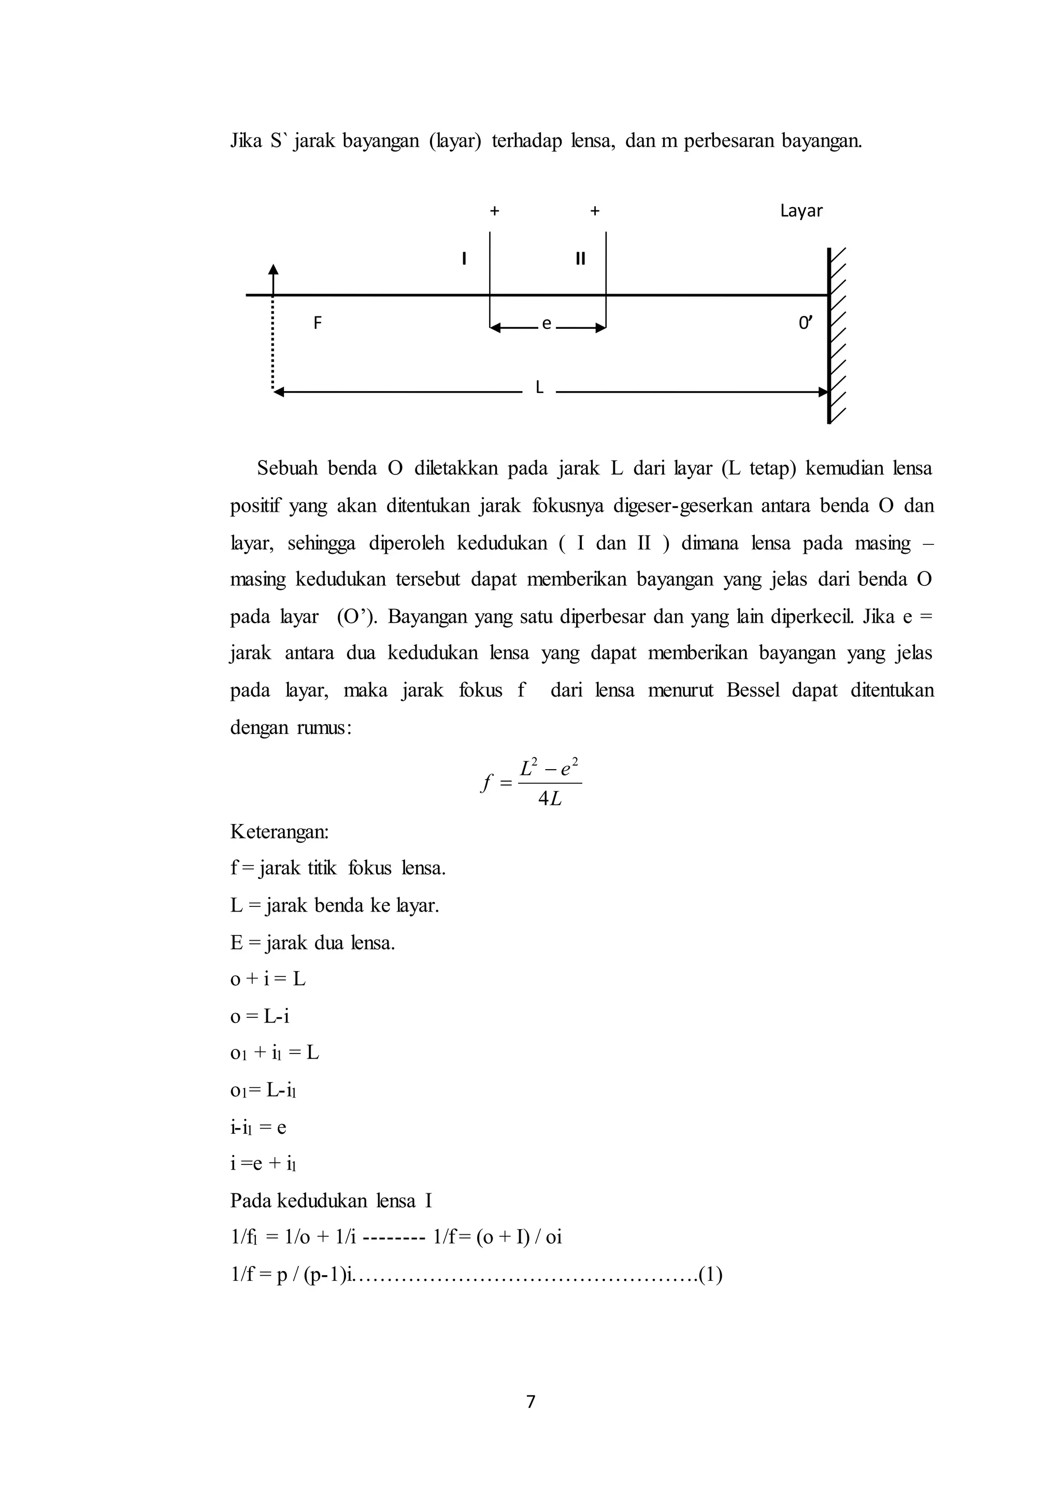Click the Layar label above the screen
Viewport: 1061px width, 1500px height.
(x=801, y=211)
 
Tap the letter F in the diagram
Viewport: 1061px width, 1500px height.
(x=318, y=323)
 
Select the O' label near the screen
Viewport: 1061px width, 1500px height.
(x=806, y=323)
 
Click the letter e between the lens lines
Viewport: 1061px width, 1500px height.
(x=547, y=323)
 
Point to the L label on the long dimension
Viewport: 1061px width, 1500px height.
(x=539, y=388)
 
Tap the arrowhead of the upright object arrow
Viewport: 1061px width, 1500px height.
(x=273, y=268)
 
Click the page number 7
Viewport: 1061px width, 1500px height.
(x=530, y=1402)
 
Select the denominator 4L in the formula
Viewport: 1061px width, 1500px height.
(x=550, y=799)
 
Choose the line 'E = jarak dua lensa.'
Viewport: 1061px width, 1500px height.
(x=312, y=943)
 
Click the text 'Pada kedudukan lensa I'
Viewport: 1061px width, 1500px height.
(x=331, y=1201)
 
